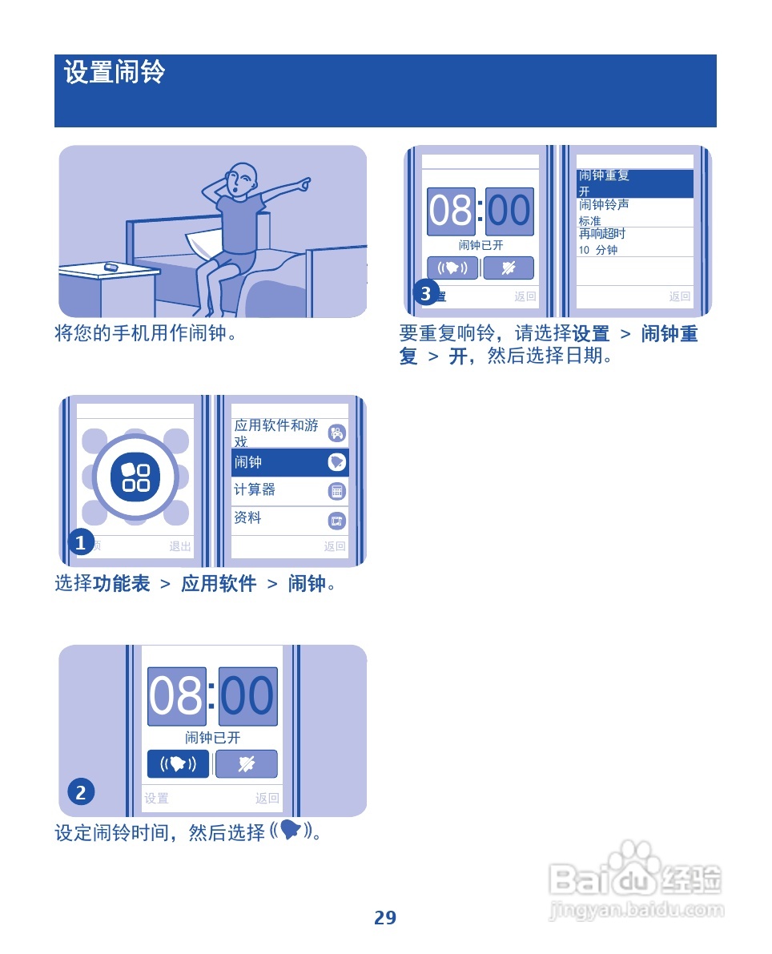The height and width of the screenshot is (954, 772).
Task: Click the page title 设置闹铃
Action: [x=115, y=73]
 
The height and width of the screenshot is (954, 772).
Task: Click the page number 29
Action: [x=385, y=918]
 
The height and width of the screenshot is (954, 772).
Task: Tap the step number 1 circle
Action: [x=80, y=544]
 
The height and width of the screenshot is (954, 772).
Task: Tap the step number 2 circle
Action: [x=80, y=793]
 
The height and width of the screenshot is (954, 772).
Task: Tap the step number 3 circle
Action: [x=426, y=294]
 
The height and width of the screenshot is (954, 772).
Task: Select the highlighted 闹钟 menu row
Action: [x=290, y=462]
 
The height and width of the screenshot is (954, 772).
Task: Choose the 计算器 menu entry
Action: [x=290, y=490]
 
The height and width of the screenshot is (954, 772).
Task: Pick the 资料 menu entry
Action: [x=290, y=519]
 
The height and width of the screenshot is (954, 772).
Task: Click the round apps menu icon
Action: [x=135, y=476]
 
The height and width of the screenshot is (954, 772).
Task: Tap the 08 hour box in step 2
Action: [x=177, y=696]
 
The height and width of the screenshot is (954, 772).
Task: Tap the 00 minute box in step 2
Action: [x=248, y=696]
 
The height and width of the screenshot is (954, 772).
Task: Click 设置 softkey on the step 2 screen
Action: [x=157, y=798]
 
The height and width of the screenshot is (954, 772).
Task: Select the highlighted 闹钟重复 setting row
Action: [x=635, y=183]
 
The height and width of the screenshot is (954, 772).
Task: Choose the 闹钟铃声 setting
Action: [x=635, y=212]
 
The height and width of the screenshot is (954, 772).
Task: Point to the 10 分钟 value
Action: [x=598, y=250]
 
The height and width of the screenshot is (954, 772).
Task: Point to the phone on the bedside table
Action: [x=111, y=267]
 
